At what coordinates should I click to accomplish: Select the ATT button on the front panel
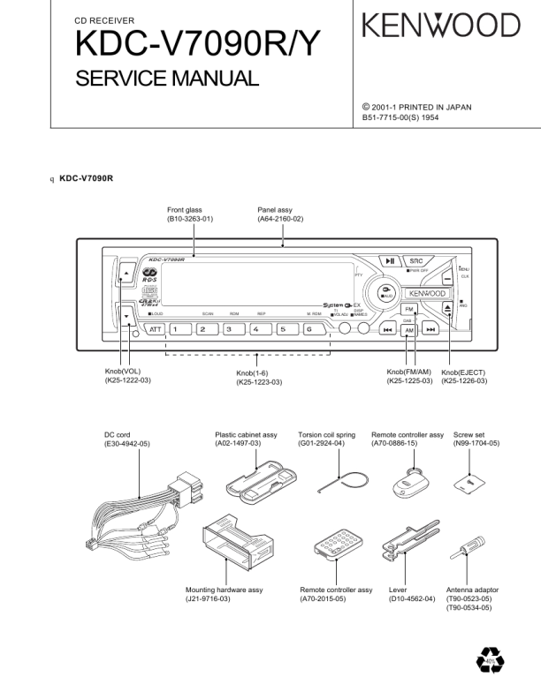pyautogui.click(x=156, y=330)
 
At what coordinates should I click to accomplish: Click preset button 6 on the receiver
pyautogui.click(x=309, y=330)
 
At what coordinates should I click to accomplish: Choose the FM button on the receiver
pyautogui.click(x=409, y=310)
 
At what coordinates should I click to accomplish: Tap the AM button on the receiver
pyautogui.click(x=408, y=330)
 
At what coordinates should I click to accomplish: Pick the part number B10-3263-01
pyautogui.click(x=190, y=218)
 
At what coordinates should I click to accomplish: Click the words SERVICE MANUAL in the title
pyautogui.click(x=167, y=79)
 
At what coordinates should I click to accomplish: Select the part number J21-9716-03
pyautogui.click(x=208, y=599)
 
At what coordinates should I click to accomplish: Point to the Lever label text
pyautogui.click(x=398, y=590)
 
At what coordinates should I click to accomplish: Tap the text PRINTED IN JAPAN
pyautogui.click(x=434, y=108)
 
